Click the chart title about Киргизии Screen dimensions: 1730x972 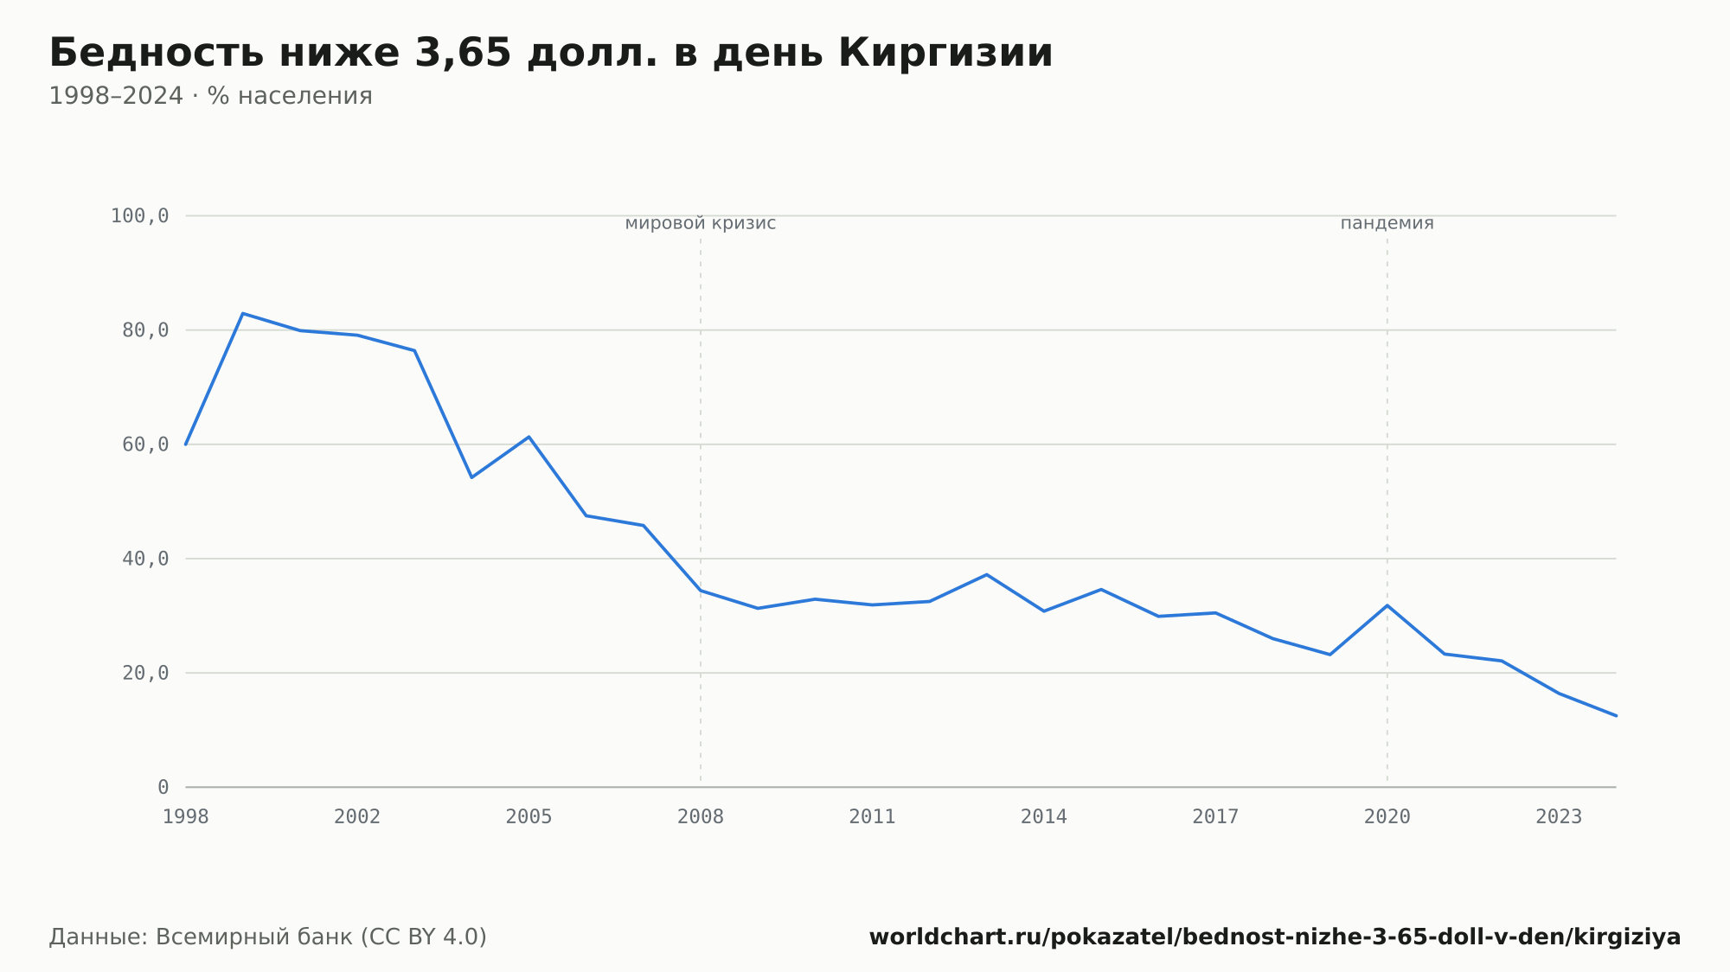click(x=551, y=54)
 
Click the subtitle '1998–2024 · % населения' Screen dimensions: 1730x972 click(x=210, y=96)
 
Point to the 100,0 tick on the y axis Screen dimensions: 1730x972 click(x=140, y=216)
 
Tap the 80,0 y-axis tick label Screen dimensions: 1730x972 click(x=145, y=330)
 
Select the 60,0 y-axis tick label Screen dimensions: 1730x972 click(x=145, y=444)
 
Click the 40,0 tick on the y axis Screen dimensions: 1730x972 click(x=145, y=559)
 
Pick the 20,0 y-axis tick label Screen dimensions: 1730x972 click(x=145, y=673)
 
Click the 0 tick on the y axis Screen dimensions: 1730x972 click(x=163, y=787)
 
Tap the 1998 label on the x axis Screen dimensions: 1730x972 click(x=186, y=817)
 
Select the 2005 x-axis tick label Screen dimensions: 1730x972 click(x=529, y=817)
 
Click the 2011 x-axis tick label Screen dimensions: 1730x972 click(x=873, y=817)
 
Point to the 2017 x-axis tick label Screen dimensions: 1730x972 click(x=1216, y=817)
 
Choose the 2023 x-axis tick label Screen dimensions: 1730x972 click(x=1559, y=817)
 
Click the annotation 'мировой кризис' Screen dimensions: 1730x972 click(x=701, y=224)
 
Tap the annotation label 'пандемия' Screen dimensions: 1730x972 click(x=1387, y=224)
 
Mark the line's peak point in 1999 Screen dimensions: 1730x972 click(x=243, y=313)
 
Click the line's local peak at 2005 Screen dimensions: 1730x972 click(x=529, y=437)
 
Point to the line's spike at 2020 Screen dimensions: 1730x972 click(x=1387, y=605)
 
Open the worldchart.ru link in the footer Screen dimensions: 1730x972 click(x=1275, y=937)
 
